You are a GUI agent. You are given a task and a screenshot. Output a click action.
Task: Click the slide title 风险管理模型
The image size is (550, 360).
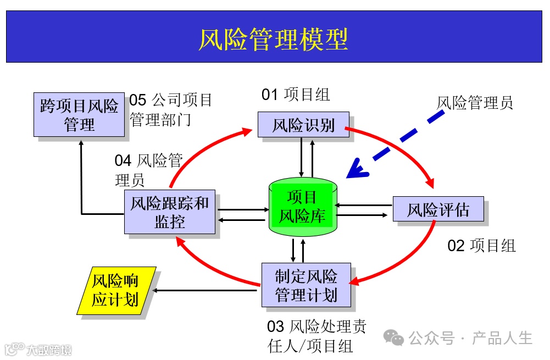[273, 40]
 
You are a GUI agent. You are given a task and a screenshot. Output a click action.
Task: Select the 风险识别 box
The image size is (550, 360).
[303, 124]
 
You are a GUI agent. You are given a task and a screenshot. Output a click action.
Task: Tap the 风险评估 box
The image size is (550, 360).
[438, 209]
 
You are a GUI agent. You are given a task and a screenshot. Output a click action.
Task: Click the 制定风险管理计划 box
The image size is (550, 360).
[305, 285]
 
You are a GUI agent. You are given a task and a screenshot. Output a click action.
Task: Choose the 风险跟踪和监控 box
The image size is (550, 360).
[169, 212]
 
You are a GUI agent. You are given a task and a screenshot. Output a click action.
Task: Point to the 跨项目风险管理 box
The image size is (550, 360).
[79, 115]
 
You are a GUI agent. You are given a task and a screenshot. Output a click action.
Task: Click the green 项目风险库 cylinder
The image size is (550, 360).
[302, 207]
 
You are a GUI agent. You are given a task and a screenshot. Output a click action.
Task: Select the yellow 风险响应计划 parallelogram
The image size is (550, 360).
[115, 291]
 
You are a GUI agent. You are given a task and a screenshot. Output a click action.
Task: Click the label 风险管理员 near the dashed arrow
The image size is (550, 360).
[475, 103]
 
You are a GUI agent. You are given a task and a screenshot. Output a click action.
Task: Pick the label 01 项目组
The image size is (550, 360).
[296, 95]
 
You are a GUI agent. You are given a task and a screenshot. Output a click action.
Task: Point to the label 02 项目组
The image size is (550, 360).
[481, 246]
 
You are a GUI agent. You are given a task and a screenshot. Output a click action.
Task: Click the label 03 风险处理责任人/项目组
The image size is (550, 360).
[316, 336]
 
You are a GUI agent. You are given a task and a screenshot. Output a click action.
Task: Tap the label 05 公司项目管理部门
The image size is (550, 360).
[170, 109]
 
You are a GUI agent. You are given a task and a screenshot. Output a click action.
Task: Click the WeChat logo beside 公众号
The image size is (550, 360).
[393, 337]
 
